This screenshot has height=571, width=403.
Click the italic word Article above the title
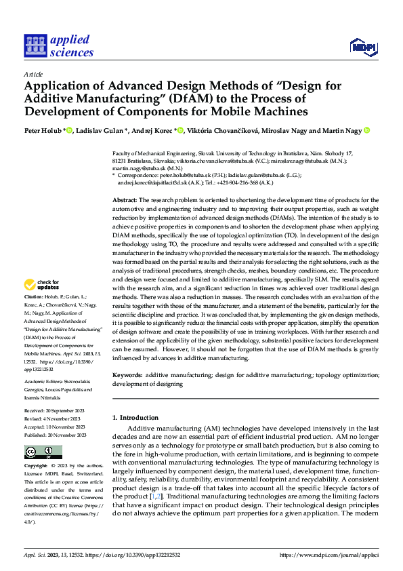33,74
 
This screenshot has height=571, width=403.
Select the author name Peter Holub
44,131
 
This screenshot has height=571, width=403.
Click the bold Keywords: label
127,374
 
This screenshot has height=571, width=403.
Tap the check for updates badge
43,304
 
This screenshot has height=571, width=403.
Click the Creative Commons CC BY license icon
43,452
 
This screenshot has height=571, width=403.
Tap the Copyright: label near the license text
36,467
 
